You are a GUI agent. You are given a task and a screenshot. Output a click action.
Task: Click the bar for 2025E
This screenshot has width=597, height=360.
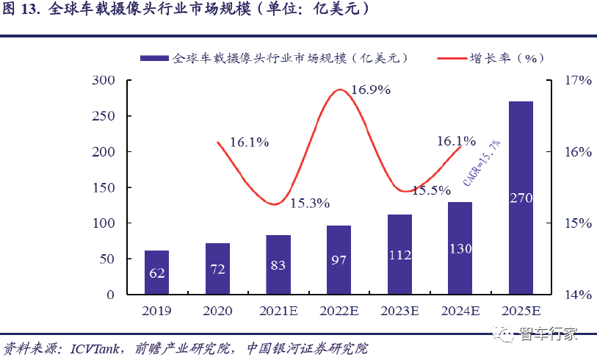click(521, 198)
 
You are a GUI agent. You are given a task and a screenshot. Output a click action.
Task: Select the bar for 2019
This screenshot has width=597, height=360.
click(156, 273)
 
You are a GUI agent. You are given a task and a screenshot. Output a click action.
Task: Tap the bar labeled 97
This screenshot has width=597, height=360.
click(339, 260)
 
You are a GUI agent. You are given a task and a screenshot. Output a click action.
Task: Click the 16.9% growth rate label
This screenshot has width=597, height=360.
click(370, 90)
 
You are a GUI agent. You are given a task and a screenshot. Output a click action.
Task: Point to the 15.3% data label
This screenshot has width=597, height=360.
click(309, 204)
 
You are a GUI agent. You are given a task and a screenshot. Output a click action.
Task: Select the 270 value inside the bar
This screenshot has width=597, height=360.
click(521, 198)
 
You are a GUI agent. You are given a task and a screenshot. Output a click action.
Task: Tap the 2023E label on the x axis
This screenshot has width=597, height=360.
click(399, 311)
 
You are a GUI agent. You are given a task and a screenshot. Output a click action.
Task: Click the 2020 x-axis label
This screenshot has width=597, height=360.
click(217, 311)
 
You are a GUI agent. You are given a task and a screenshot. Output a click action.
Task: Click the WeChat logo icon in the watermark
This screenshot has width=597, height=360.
click(506, 336)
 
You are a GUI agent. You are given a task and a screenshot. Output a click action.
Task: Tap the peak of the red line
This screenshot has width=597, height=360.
click(339, 90)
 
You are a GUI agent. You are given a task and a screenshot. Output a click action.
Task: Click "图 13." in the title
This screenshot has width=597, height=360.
click(21, 11)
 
